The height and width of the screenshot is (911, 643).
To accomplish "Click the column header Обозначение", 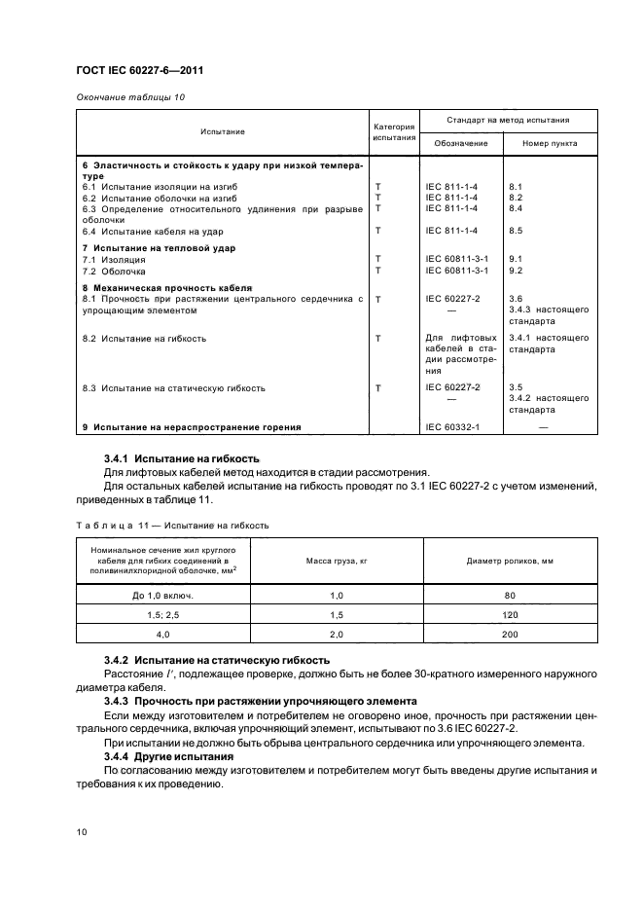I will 461,143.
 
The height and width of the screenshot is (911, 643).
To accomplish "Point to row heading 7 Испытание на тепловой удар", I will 159,248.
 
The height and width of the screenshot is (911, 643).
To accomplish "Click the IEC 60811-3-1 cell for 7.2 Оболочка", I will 457,270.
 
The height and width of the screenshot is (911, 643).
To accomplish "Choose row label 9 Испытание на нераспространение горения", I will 191,426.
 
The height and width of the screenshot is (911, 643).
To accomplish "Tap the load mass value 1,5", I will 337,614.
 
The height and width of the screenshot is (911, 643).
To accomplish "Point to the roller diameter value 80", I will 509,595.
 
